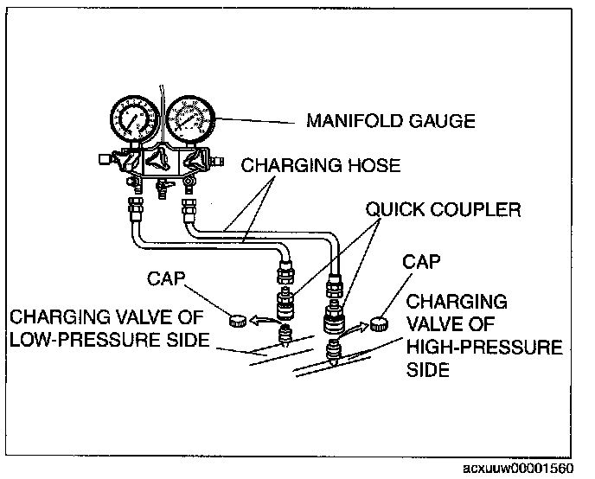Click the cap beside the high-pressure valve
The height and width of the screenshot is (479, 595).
pyautogui.click(x=378, y=325)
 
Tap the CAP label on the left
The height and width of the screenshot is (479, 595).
pyautogui.click(x=165, y=279)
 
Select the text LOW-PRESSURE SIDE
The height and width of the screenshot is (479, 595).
pyautogui.click(x=108, y=340)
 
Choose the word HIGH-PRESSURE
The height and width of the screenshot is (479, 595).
pyautogui.click(x=483, y=348)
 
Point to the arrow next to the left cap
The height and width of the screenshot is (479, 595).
pyautogui.click(x=263, y=319)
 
